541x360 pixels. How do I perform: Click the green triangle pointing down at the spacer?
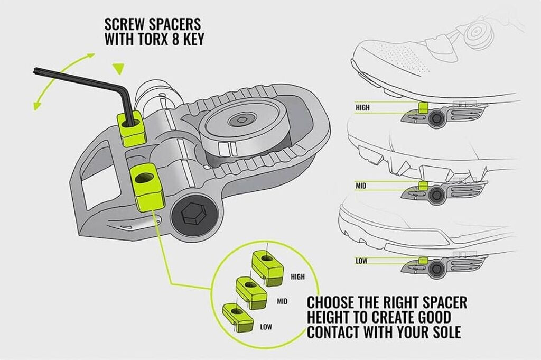[x=118, y=68]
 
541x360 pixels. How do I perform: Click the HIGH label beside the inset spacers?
[x=297, y=276]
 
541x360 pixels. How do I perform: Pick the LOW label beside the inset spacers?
[x=266, y=327]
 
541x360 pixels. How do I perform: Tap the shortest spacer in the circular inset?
[x=235, y=316]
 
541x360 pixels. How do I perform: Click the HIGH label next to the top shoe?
[x=363, y=107]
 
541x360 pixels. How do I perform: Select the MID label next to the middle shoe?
[x=361, y=186]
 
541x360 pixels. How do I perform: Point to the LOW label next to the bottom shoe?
[x=361, y=261]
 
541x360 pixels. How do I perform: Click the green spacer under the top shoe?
[x=423, y=107]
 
